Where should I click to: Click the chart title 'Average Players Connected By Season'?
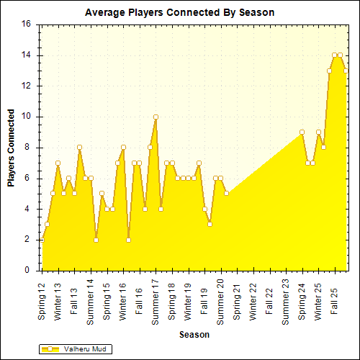[179, 12]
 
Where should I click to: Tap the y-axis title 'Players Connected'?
[12, 148]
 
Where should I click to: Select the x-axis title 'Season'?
[194, 335]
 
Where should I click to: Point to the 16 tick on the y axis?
[26, 24]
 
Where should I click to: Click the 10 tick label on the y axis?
[26, 117]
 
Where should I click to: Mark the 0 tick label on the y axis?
[28, 271]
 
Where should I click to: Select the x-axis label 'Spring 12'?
[42, 302]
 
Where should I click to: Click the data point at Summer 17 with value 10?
[156, 117]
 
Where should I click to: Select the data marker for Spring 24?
[302, 132]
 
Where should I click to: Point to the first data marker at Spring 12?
[42, 240]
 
